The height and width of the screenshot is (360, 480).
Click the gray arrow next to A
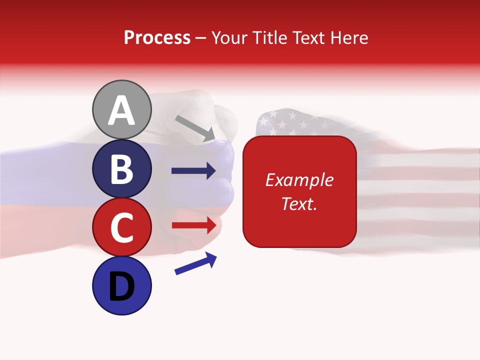(x=195, y=128)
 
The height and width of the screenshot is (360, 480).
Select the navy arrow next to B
(x=193, y=171)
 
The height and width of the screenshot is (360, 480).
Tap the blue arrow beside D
(x=195, y=263)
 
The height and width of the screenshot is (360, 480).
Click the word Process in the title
(x=157, y=37)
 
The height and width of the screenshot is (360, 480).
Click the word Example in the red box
(x=299, y=180)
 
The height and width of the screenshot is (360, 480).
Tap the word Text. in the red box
(x=299, y=203)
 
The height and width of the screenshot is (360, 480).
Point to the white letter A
(x=122, y=110)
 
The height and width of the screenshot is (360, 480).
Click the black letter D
(x=122, y=287)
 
